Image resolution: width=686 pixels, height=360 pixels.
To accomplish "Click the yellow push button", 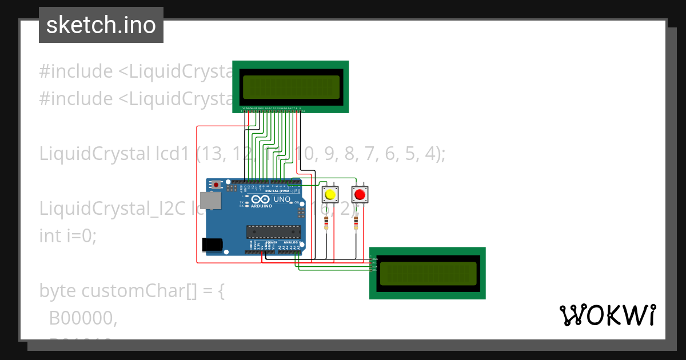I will pos(330,195).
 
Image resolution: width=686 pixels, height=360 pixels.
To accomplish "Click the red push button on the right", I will pos(360,195).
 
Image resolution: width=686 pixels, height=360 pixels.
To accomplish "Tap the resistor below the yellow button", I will pos(326,222).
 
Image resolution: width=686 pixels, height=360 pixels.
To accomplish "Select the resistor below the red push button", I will pos(356,222).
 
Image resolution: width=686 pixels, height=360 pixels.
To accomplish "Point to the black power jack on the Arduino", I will pos(212,244).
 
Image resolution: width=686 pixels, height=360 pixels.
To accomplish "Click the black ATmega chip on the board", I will pos(273,231).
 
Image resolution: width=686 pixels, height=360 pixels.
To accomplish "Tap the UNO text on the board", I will pos(282,200).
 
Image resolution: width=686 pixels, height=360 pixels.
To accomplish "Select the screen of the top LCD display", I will pos(290,87).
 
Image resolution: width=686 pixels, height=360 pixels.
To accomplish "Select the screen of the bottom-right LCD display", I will pos(428,273).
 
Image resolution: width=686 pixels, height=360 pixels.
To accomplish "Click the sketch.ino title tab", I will pos(101,25).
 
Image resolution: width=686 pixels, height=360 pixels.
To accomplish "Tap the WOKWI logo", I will pos(607,315).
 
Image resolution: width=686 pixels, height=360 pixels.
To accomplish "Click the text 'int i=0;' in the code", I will pos(68,235).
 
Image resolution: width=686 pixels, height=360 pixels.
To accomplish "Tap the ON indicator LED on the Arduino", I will pos(290,202).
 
